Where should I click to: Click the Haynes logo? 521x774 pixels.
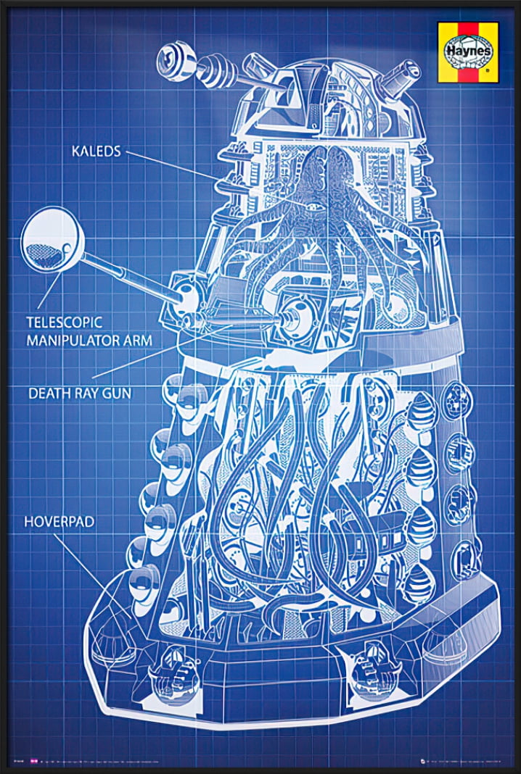click(x=468, y=51)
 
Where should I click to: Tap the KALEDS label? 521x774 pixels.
click(x=97, y=151)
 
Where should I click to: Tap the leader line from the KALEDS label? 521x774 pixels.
click(x=174, y=164)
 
